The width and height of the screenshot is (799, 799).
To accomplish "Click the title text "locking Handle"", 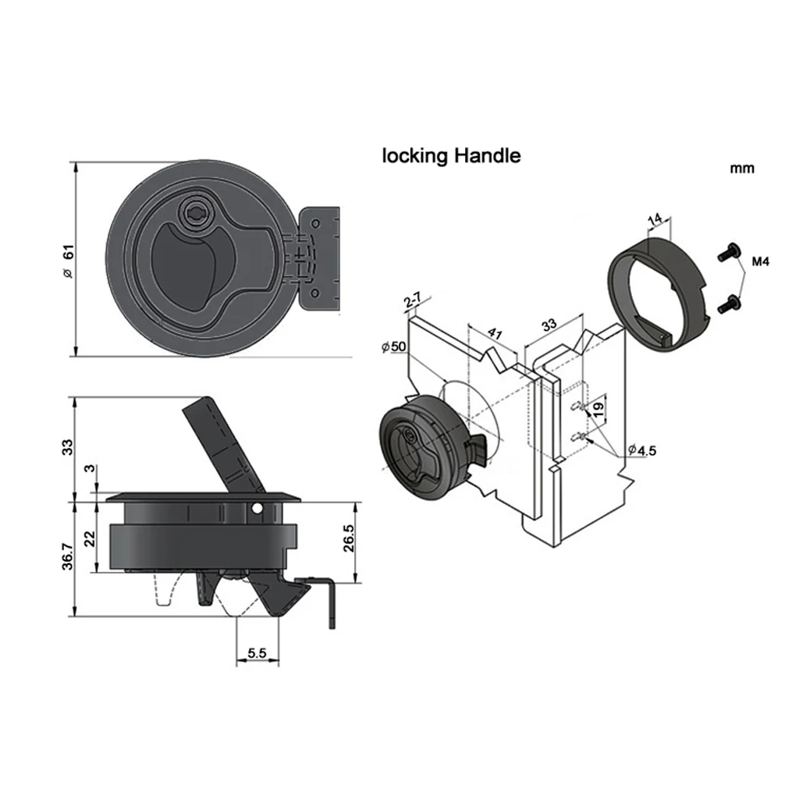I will (450, 156).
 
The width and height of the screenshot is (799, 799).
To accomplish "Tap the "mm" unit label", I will (742, 169).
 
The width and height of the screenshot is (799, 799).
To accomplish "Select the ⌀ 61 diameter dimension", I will (68, 262).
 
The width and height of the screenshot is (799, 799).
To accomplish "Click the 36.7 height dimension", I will (68, 556).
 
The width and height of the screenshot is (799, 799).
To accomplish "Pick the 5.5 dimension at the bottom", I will (257, 654).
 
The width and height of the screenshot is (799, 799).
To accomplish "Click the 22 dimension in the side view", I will (90, 538).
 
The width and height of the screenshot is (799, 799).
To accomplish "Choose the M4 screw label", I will (761, 263).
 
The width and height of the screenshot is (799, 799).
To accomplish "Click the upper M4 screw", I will (726, 253).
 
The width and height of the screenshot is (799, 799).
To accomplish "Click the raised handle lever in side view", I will (218, 441).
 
